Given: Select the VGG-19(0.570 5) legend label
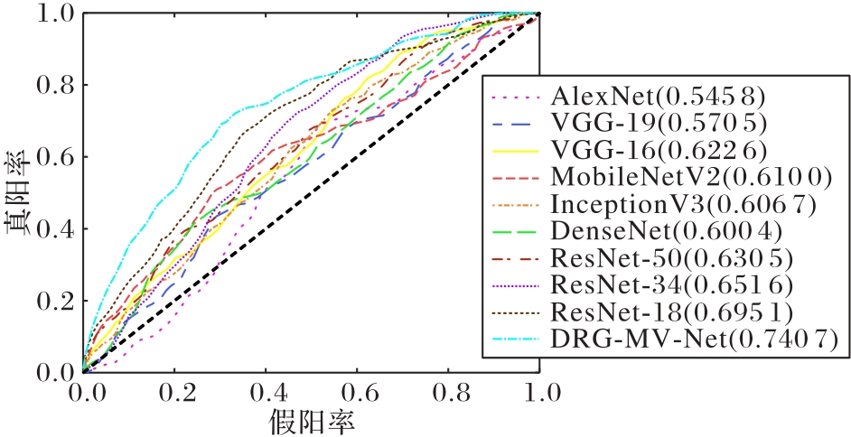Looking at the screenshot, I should coord(662,122).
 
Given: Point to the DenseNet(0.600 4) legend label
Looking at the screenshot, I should coord(671,231).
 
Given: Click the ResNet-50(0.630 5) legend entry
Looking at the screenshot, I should coord(671,258).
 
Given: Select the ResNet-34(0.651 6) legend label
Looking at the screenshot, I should coord(671,285).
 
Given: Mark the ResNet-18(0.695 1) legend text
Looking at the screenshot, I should coord(671,312).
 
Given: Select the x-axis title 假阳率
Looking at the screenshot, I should coord(309,420).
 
